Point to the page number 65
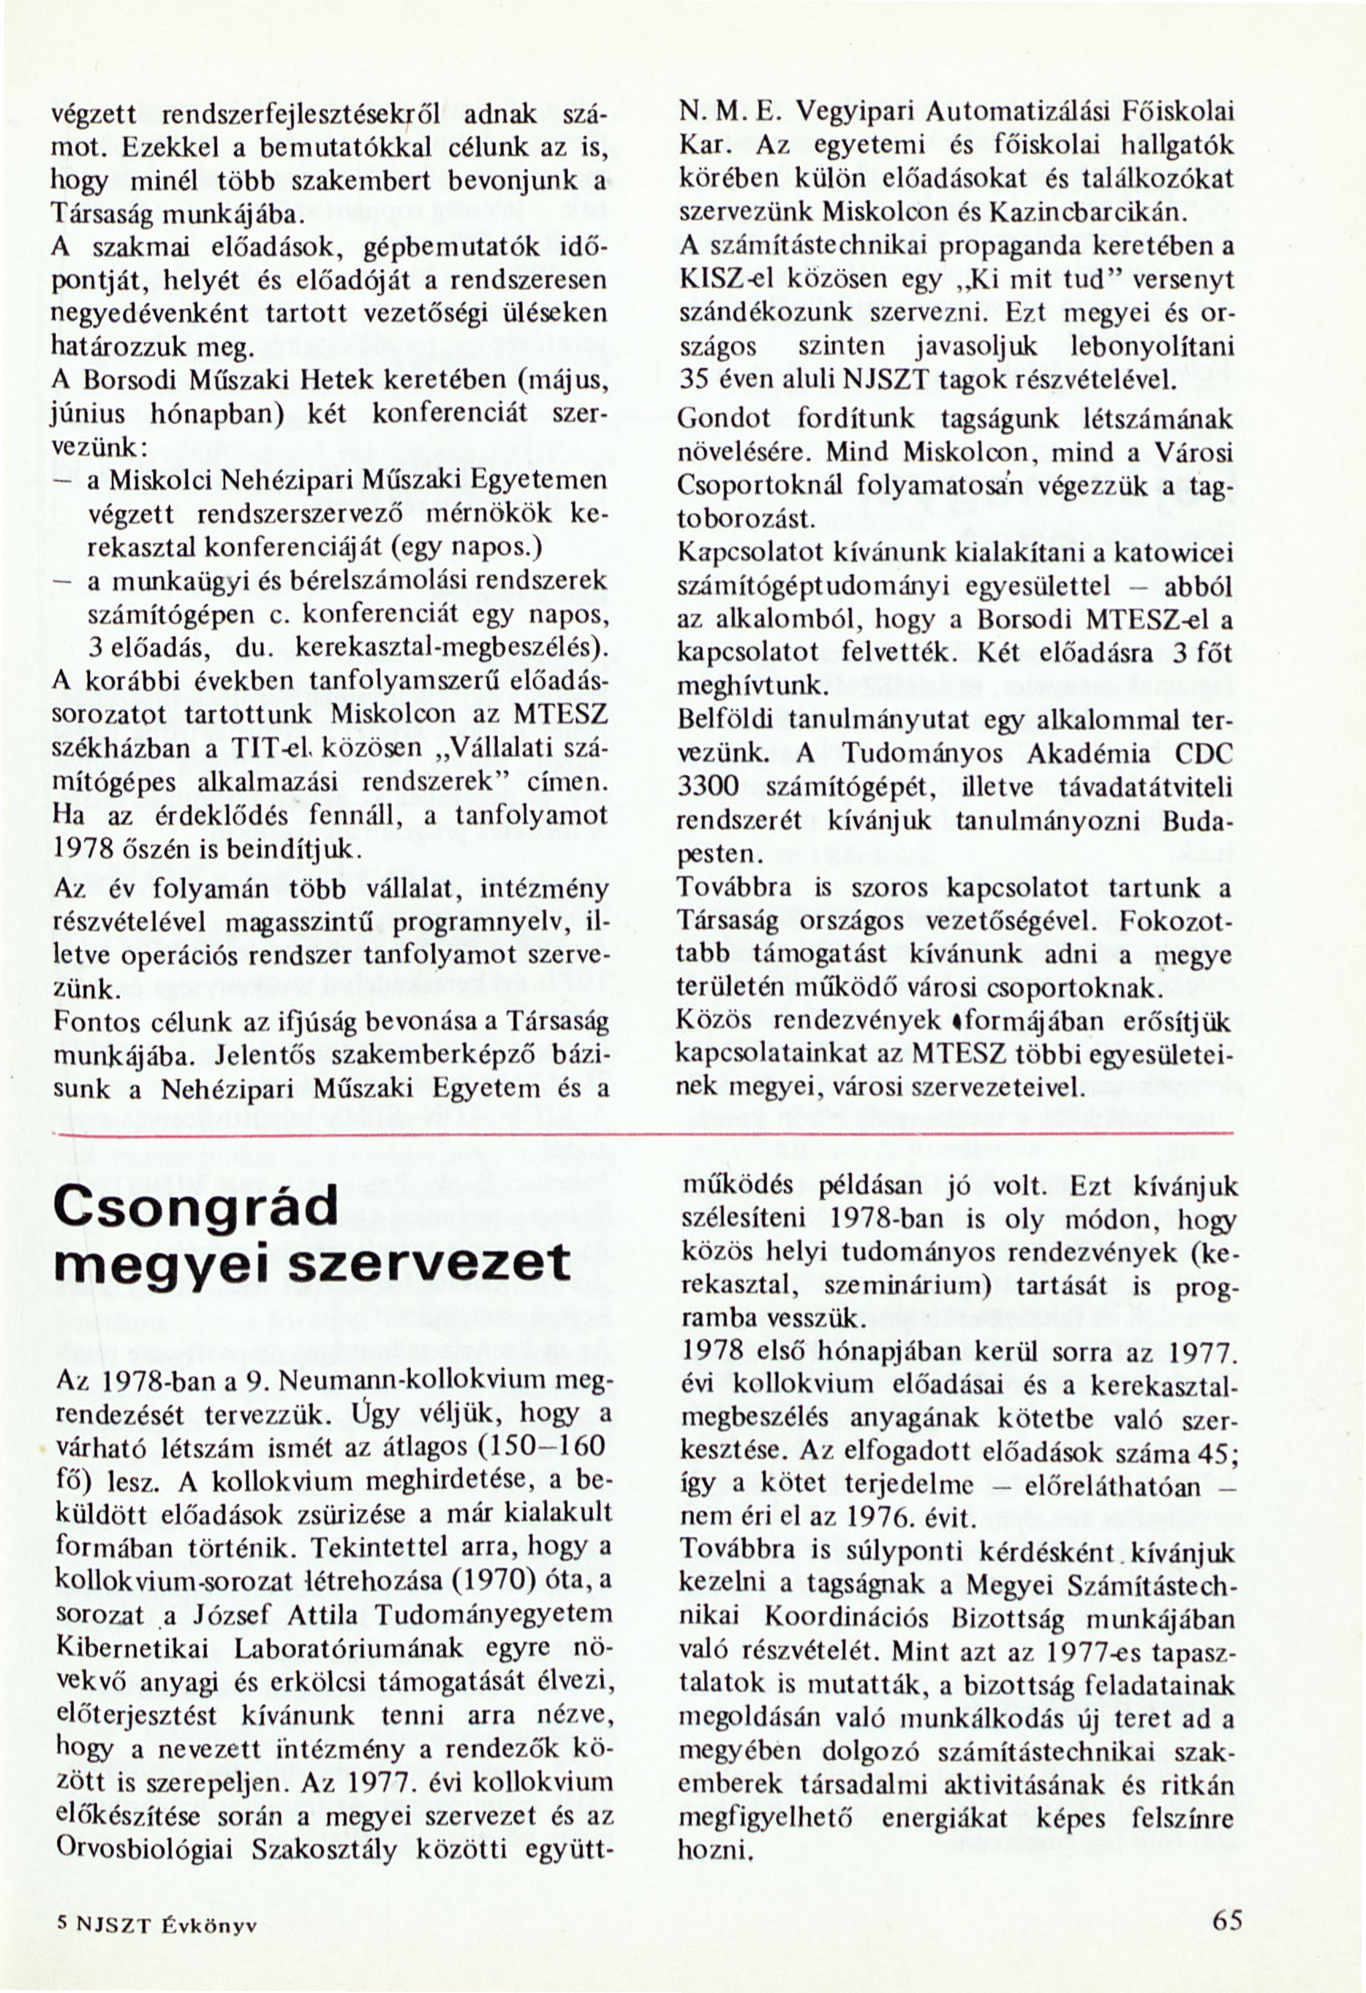1227,1895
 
